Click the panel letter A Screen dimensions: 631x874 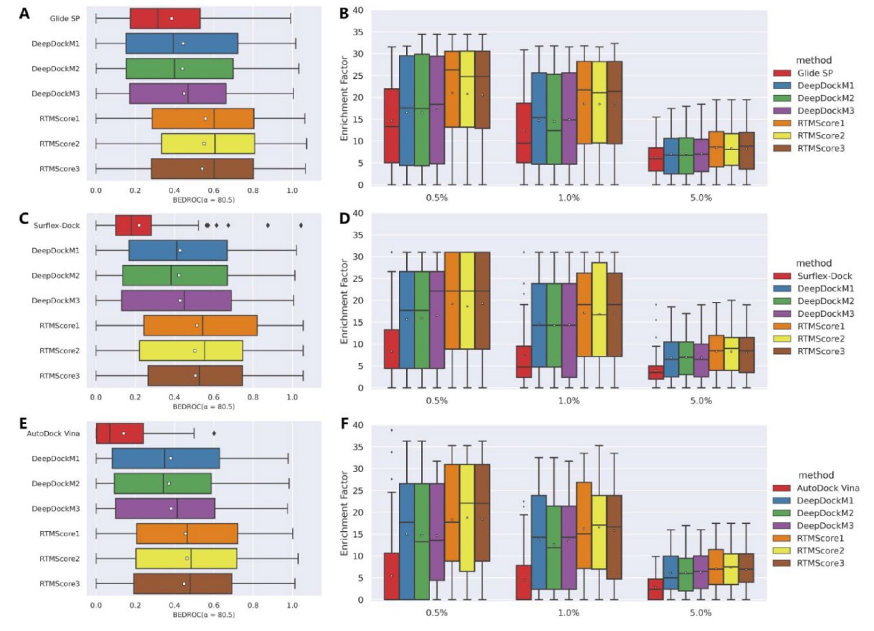(x=24, y=13)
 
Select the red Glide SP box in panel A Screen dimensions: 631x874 (x=165, y=19)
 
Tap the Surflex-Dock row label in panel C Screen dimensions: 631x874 (x=56, y=226)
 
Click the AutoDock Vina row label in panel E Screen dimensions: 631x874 (x=53, y=433)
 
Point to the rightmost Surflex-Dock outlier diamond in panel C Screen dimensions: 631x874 (x=301, y=225)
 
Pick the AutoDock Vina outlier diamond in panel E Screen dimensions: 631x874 (x=214, y=433)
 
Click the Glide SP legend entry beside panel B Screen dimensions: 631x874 (x=815, y=73)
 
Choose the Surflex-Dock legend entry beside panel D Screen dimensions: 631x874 (x=825, y=276)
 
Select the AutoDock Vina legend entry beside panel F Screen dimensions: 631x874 (x=828, y=488)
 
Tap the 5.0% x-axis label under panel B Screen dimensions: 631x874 (x=701, y=198)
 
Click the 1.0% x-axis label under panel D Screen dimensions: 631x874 (x=569, y=401)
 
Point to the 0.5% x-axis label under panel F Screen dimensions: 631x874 (x=437, y=613)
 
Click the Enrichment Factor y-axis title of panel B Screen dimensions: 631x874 (x=344, y=98)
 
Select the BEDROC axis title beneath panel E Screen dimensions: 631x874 (x=203, y=615)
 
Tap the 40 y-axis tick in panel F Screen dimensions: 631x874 (x=358, y=425)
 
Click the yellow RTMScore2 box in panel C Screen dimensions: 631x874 (x=191, y=351)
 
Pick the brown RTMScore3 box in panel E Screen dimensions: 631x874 (x=183, y=584)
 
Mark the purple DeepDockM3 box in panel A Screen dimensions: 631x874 (x=178, y=94)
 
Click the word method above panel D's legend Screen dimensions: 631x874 (x=814, y=264)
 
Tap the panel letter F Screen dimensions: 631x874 (x=345, y=424)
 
